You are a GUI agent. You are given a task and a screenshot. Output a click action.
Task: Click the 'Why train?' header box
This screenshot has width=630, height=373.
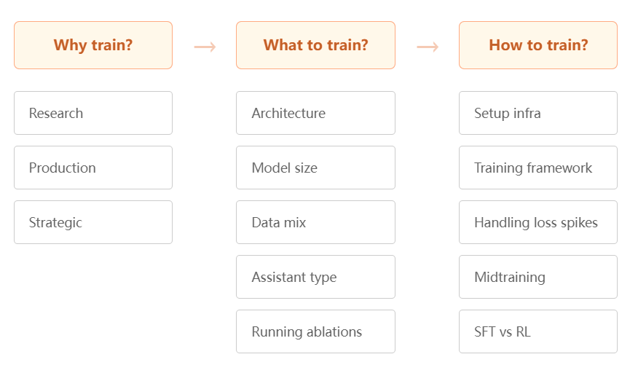[x=93, y=45]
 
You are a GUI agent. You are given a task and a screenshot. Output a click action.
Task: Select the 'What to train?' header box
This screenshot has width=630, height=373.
[x=316, y=45]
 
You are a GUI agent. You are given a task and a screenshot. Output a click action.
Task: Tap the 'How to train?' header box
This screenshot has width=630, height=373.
[x=538, y=45]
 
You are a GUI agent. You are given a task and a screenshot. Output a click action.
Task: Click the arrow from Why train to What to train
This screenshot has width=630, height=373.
[x=205, y=47]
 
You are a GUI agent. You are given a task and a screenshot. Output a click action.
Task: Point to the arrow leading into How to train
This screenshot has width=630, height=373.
[x=428, y=47]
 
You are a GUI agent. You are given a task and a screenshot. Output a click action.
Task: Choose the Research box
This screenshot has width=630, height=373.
[x=93, y=113]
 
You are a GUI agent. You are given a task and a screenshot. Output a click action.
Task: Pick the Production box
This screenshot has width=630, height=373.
[x=93, y=168]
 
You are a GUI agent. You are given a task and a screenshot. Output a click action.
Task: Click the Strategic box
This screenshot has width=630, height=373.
[x=93, y=222]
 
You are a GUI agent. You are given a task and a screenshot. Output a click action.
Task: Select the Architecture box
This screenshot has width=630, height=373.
[x=316, y=113]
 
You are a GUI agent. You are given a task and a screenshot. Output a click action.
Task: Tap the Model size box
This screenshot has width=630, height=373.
[x=316, y=168]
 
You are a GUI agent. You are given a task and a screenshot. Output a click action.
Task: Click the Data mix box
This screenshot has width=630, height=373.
[x=316, y=222]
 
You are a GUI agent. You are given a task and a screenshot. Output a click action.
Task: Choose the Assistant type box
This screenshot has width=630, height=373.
[x=316, y=277]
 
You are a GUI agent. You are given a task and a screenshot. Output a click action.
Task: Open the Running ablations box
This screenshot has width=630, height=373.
[x=316, y=331]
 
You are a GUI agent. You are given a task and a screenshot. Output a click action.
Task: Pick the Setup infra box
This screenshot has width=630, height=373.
[x=538, y=113]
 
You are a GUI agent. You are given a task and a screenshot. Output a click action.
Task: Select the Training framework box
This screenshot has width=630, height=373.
[x=538, y=168]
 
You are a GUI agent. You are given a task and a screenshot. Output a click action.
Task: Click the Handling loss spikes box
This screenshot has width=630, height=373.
[x=538, y=222]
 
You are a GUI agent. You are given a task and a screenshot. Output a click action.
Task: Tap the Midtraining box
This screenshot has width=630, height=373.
[x=538, y=277]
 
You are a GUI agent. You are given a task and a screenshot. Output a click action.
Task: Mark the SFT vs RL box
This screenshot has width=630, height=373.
[x=538, y=331]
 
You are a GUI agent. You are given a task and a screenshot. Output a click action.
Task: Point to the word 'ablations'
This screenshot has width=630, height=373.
[x=334, y=331]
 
